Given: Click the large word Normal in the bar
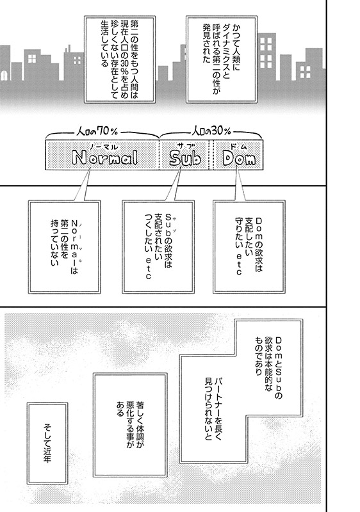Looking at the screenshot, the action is tap(105, 157).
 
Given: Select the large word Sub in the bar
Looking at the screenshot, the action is tap(185, 158).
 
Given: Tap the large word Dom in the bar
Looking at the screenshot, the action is tap(239, 158).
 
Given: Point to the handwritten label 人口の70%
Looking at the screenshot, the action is tap(97, 131).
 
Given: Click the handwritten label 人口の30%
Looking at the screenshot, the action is tap(211, 131).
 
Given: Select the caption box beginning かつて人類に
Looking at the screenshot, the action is tap(221, 59).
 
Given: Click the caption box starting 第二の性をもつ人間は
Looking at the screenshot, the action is tap(120, 59).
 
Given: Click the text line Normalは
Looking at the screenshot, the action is tap(74, 246).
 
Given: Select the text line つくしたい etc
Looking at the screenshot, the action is tap(149, 246).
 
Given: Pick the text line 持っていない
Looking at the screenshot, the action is tap(54, 243).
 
